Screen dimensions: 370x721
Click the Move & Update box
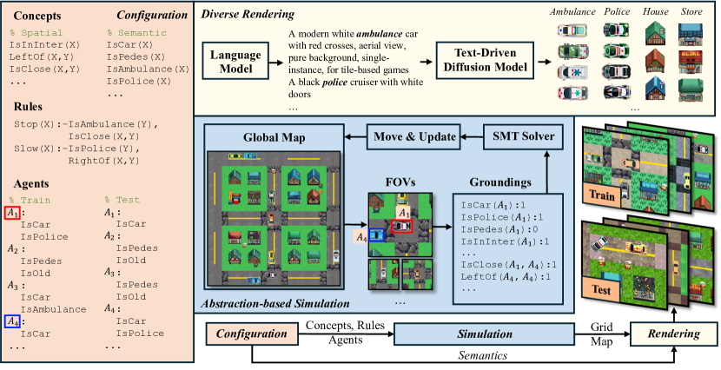pyautogui.click(x=413, y=135)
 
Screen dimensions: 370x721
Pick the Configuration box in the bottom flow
pyautogui.click(x=251, y=334)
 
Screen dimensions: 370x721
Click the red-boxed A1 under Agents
pyautogui.click(x=12, y=214)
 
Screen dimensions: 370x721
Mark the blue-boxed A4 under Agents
pyautogui.click(x=12, y=321)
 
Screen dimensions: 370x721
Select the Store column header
pyautogui.click(x=692, y=13)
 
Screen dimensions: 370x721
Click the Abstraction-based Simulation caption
pyautogui.click(x=275, y=304)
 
